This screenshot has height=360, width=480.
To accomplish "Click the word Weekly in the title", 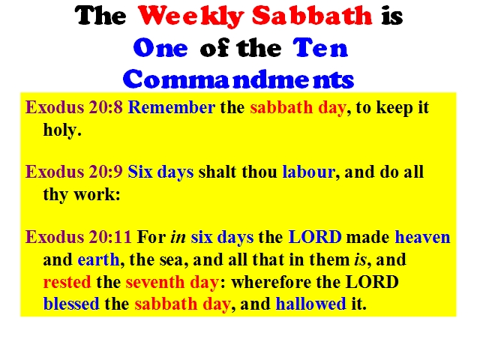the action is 191,16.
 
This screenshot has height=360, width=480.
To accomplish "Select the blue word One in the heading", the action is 160,48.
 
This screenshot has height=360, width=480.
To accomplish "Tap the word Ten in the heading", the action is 320,48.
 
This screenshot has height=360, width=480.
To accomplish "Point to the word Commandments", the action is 238,79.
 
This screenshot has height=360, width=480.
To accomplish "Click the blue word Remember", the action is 172,107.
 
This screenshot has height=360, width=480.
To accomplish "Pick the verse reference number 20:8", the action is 106,108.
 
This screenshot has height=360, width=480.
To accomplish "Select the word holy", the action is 61,130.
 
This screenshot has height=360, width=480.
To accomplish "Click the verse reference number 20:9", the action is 106,172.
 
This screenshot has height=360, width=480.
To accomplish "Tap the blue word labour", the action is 309,172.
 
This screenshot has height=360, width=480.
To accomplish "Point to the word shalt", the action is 217,172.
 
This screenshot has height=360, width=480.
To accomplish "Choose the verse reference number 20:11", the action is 110,237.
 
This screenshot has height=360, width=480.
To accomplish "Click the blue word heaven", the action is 423,237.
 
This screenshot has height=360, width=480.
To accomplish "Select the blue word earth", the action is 98,259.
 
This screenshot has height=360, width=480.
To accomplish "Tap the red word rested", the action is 67,282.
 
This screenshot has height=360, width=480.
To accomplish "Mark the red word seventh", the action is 155,282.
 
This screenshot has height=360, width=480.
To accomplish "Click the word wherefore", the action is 271,282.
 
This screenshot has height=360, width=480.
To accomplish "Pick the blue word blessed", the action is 71,304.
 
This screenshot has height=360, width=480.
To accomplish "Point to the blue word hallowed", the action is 310,304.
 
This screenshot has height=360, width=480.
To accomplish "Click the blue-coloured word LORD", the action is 315,237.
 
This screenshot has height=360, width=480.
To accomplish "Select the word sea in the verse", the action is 173,260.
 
